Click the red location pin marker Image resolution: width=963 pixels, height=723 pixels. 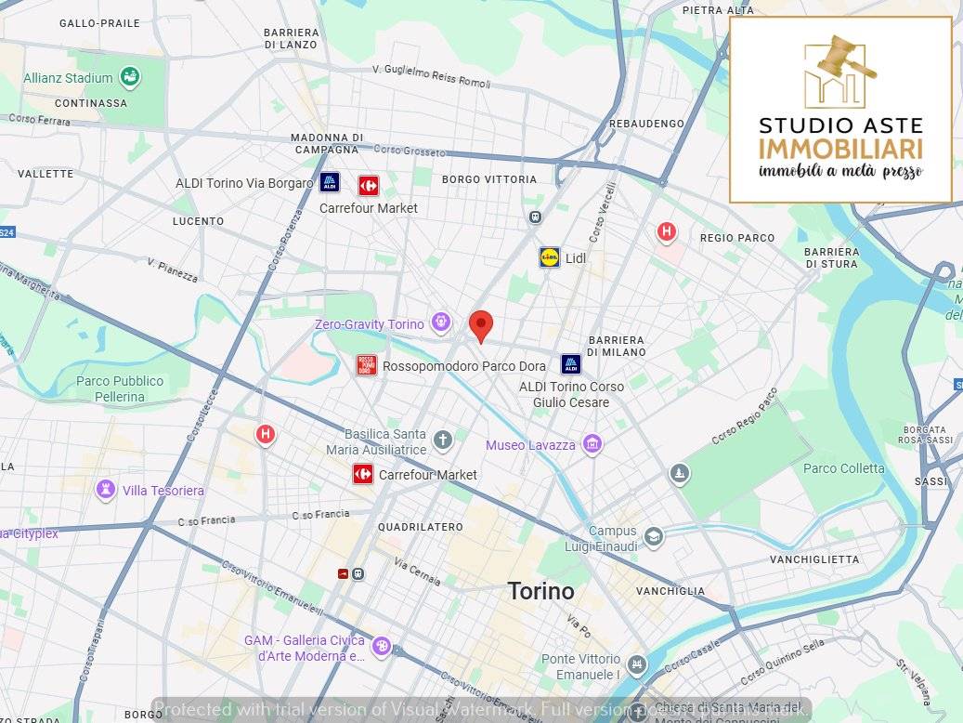(x=481, y=325)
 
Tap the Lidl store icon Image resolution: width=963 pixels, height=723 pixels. (x=550, y=257)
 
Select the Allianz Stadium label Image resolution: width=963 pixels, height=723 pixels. (x=68, y=79)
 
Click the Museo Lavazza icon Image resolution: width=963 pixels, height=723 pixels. (x=592, y=445)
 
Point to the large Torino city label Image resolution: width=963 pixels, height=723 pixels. (x=540, y=591)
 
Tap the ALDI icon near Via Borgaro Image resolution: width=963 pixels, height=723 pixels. (x=330, y=182)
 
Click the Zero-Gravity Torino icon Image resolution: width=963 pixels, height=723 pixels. (x=440, y=323)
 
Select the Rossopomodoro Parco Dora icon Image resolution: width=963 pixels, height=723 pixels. (x=367, y=365)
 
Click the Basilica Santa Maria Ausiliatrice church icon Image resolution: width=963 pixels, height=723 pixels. (x=443, y=440)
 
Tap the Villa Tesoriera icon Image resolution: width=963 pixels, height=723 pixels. (x=106, y=490)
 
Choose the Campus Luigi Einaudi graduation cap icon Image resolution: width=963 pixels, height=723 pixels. (x=654, y=537)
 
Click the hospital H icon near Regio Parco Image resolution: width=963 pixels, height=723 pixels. (x=666, y=231)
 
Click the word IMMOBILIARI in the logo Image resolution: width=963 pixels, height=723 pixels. (x=840, y=149)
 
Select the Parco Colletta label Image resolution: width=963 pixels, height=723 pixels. (x=843, y=468)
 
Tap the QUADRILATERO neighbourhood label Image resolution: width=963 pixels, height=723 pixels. (x=420, y=527)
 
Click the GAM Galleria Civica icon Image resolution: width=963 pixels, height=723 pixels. (x=382, y=646)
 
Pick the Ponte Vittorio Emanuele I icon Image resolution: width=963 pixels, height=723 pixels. (x=636, y=665)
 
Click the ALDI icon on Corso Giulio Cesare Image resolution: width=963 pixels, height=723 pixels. (x=571, y=364)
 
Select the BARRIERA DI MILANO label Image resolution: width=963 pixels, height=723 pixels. (x=616, y=346)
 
